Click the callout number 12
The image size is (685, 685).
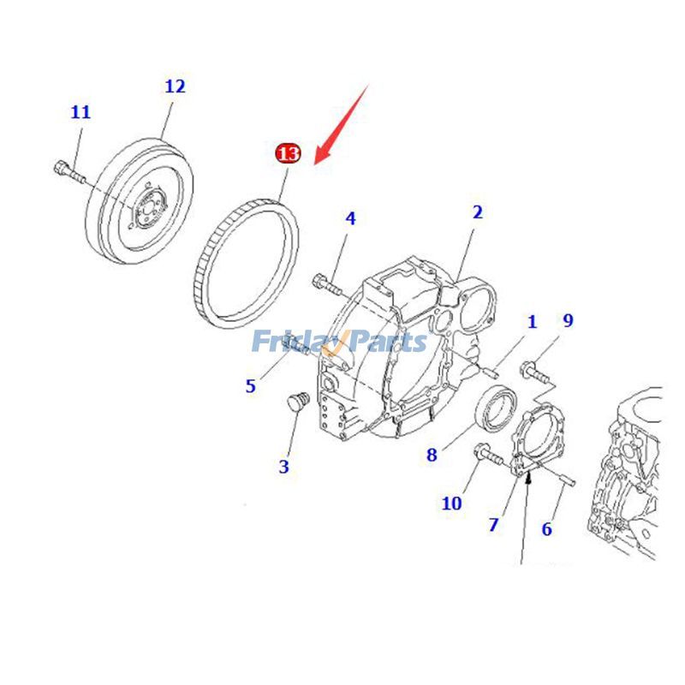pos(175,86)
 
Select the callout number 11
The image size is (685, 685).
pos(80,112)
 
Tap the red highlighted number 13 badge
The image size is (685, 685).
pos(288,154)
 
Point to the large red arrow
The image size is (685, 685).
pos(343,124)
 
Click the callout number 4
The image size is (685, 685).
pos(350,218)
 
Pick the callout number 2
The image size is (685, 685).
pos(477,212)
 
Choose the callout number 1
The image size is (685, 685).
pos(532,322)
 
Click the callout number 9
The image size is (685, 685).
pos(568,320)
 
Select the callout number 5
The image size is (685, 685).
pos(250,386)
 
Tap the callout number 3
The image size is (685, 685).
pos(283,467)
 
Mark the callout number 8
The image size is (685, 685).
pos(432,455)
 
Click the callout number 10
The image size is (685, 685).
pos(451,503)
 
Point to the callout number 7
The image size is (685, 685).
pos(493,525)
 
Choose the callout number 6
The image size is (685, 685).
pos(546,529)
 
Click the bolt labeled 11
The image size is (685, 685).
pos(68,170)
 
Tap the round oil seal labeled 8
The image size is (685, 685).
pos(497,408)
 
